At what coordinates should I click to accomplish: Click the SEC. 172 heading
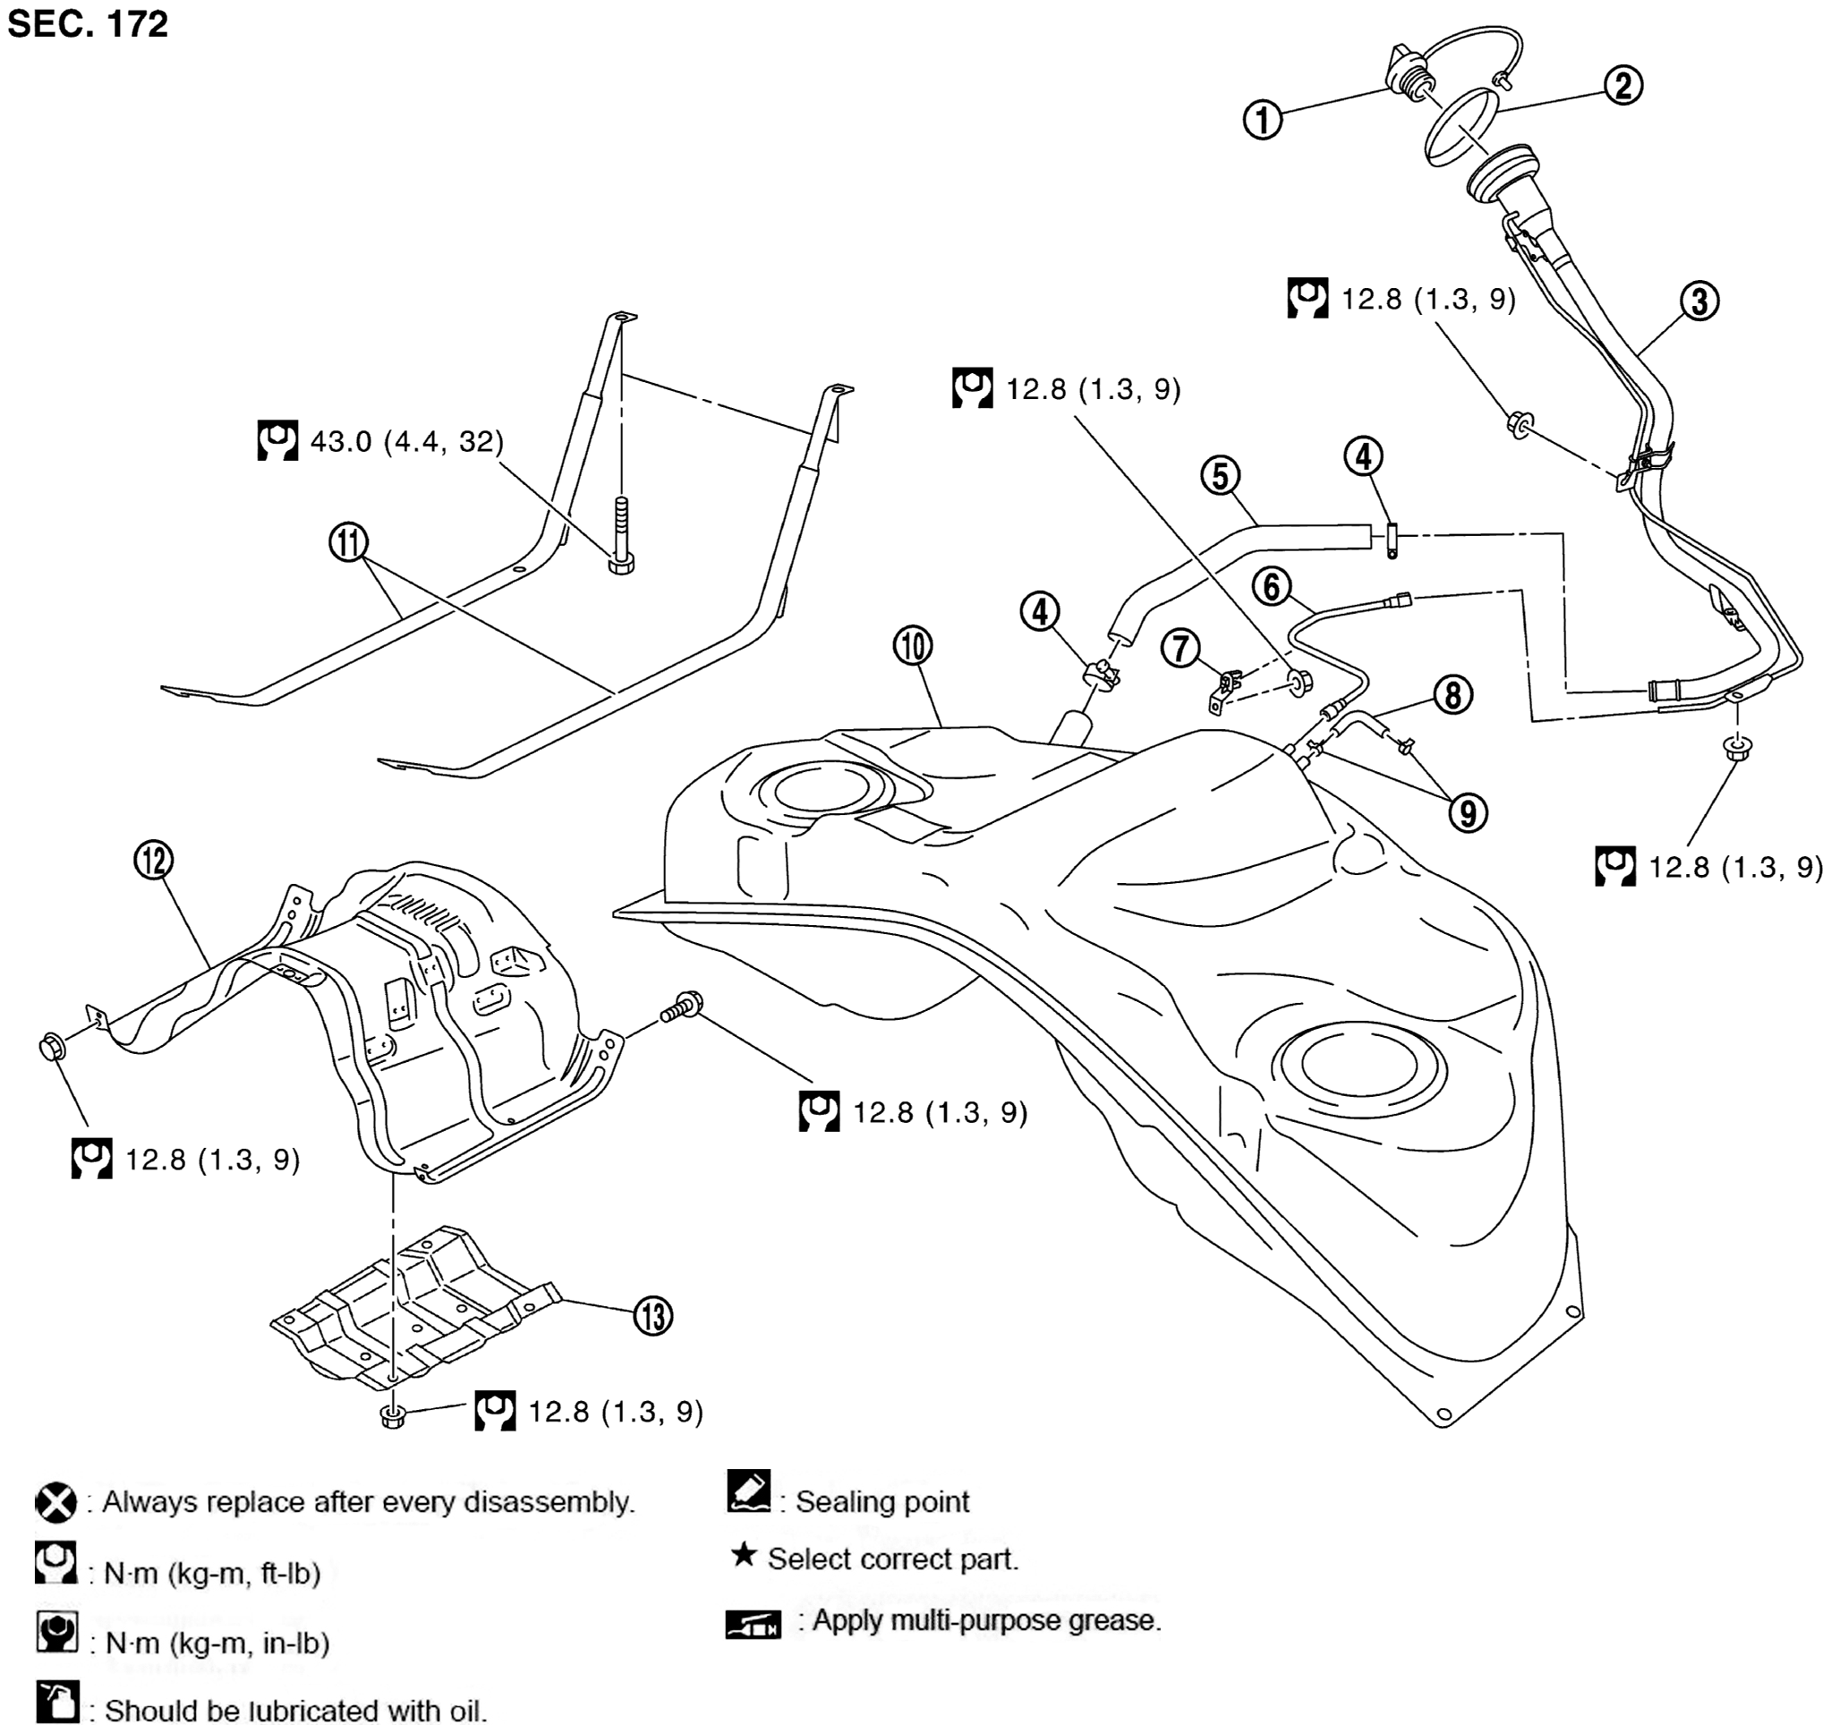pyautogui.click(x=88, y=23)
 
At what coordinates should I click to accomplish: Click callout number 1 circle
pyautogui.click(x=1262, y=120)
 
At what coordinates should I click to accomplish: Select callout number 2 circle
pyautogui.click(x=1623, y=86)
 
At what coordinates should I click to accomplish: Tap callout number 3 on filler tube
pyautogui.click(x=1699, y=302)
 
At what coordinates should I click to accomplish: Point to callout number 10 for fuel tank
pyautogui.click(x=913, y=646)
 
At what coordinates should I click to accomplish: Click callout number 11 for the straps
pyautogui.click(x=348, y=542)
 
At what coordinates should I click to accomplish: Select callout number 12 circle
pyautogui.click(x=153, y=860)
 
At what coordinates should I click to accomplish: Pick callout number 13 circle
pyautogui.click(x=653, y=1315)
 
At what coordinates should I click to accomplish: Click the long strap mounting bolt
pyautogui.click(x=621, y=537)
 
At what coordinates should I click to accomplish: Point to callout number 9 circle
pyautogui.click(x=1467, y=813)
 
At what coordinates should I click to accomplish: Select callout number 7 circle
pyautogui.click(x=1180, y=648)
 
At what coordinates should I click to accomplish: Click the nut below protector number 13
pyautogui.click(x=393, y=1417)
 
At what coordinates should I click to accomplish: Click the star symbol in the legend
pyautogui.click(x=743, y=1555)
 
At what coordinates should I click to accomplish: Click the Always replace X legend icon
pyautogui.click(x=55, y=1503)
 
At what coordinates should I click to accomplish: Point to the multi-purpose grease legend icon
pyautogui.click(x=753, y=1623)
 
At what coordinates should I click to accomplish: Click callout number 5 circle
pyautogui.click(x=1220, y=476)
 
